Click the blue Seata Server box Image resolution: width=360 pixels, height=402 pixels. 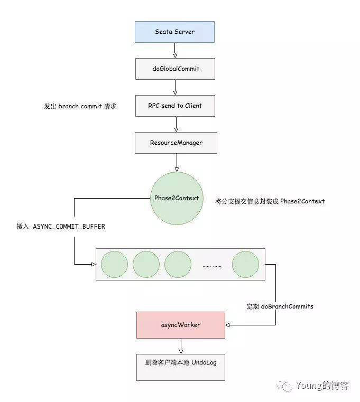point(174,32)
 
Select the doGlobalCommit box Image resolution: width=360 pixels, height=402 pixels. point(176,69)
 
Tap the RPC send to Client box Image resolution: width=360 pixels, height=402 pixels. point(176,106)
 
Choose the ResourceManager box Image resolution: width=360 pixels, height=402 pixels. point(176,143)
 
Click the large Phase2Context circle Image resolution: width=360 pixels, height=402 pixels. point(177,198)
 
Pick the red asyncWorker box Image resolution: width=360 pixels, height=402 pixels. point(181,325)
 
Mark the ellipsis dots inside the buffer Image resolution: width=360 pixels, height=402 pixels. point(212,265)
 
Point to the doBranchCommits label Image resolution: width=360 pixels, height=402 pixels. point(280,306)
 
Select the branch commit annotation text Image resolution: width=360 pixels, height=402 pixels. point(80,106)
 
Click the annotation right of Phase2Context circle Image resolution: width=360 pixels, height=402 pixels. point(270,201)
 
